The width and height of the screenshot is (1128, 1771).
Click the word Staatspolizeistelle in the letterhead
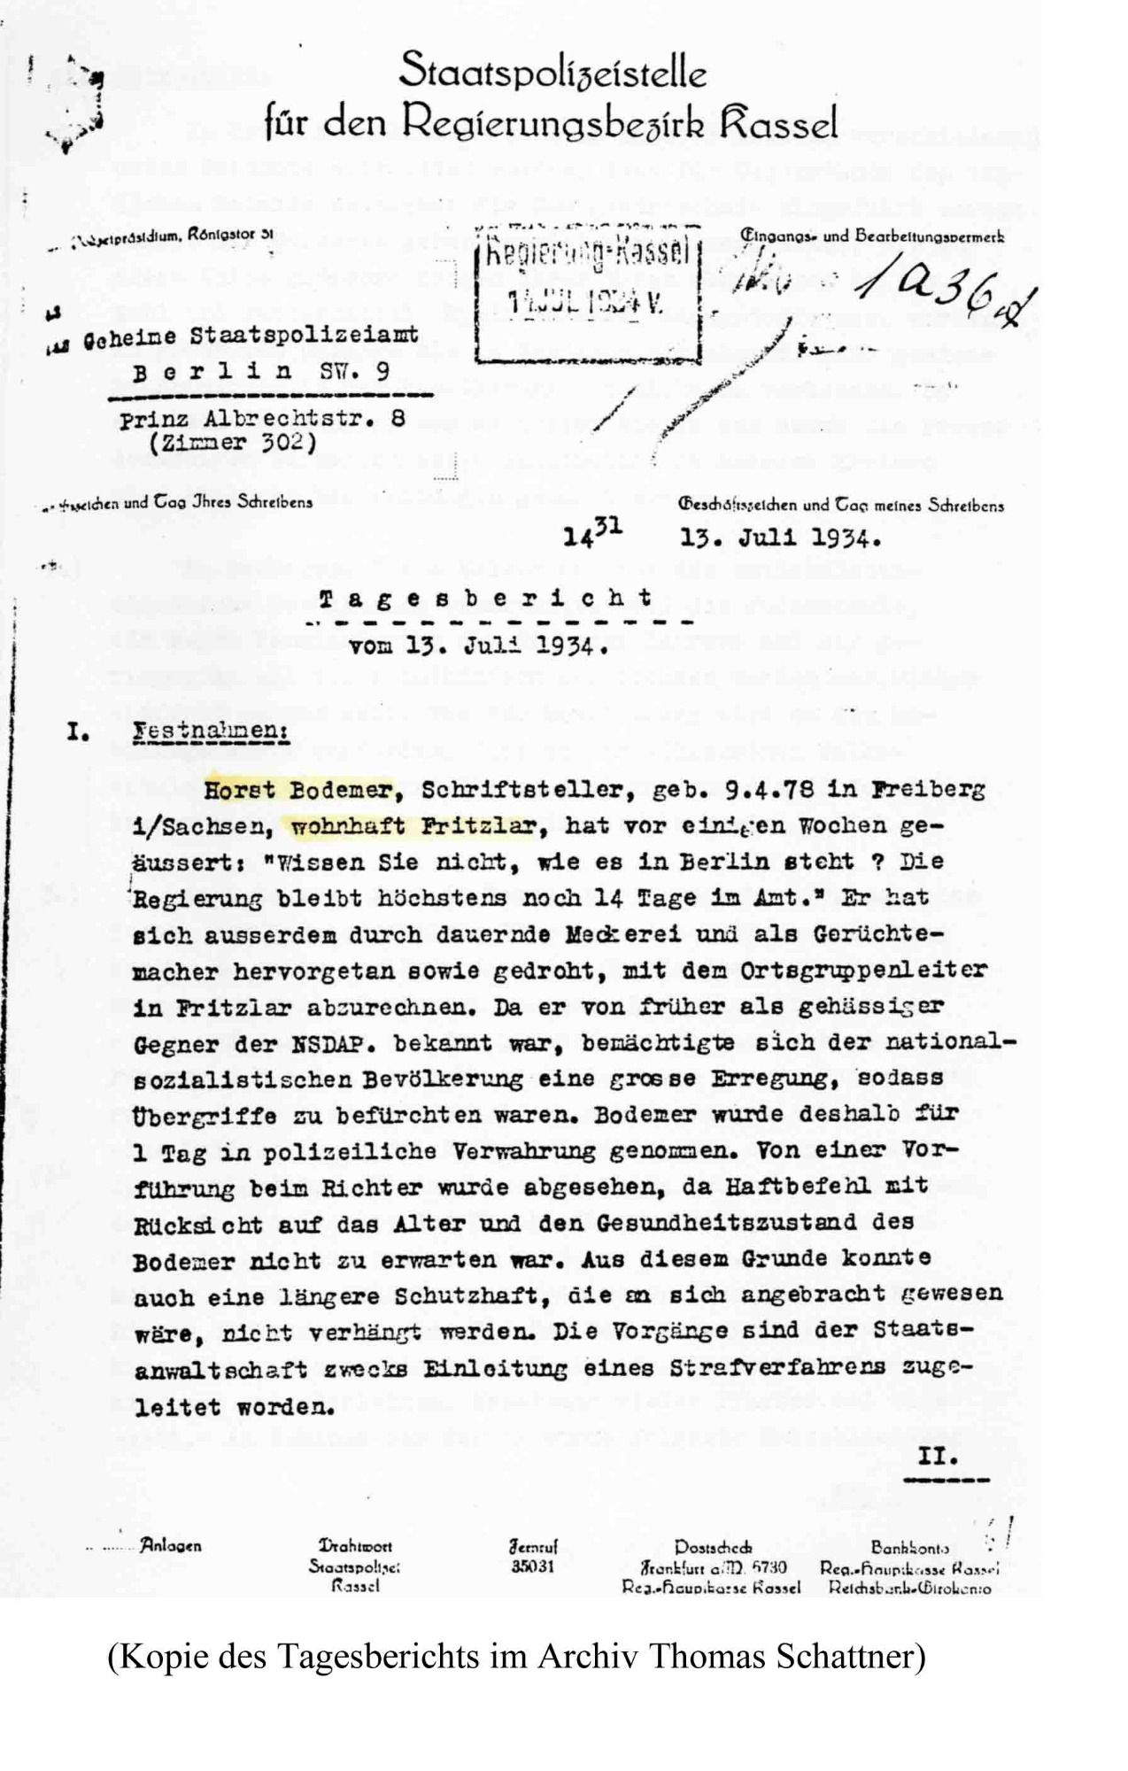552,70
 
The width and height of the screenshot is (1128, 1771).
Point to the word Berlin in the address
212,372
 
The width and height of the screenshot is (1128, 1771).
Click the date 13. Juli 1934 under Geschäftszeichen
780,537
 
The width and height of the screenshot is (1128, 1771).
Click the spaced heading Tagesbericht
486,599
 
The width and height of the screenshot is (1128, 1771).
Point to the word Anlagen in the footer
170,1546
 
